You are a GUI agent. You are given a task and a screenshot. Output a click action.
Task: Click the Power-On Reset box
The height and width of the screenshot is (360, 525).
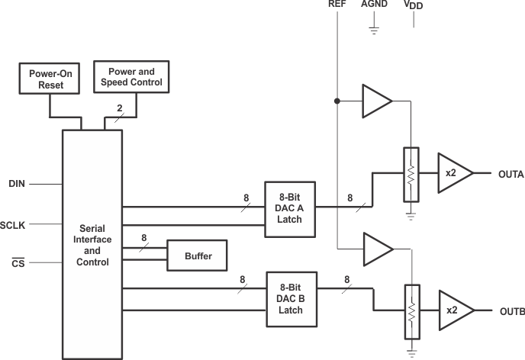(51, 79)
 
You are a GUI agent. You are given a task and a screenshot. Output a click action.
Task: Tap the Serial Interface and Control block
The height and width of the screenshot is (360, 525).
(92, 244)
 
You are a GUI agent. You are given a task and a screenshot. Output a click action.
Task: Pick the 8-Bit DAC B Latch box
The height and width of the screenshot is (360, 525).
(290, 298)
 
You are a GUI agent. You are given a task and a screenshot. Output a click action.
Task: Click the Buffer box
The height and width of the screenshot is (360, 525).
(198, 256)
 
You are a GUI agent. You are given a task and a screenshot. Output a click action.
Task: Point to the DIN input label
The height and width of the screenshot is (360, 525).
(17, 184)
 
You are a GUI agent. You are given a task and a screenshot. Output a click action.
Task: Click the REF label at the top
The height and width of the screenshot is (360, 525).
(337, 5)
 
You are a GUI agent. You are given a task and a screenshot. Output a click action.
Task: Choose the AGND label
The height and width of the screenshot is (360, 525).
(374, 5)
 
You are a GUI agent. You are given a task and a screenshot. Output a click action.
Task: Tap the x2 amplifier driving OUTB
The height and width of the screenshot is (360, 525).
(453, 311)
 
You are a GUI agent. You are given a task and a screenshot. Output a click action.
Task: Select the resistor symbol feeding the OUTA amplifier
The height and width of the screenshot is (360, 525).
(411, 175)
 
